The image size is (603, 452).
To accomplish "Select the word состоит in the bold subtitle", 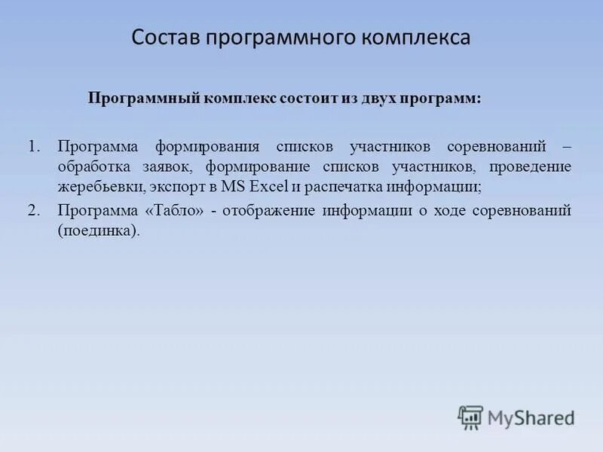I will point(309,99).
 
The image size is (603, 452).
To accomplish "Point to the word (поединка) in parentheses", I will point(99,231).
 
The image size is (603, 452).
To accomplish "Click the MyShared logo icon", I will point(470,417).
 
